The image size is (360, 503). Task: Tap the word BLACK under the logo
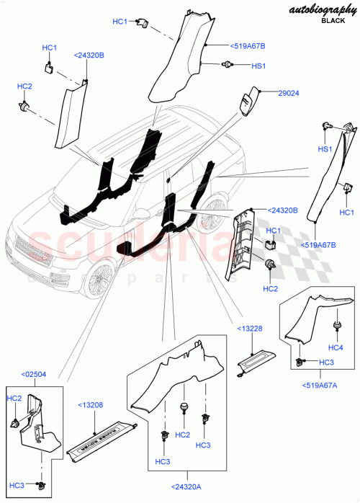click(x=333, y=22)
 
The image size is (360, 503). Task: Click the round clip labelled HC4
click(x=337, y=328)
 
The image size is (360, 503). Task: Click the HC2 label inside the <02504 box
click(x=14, y=399)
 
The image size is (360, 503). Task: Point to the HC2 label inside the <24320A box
click(x=183, y=435)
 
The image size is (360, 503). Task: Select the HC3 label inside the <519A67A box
click(x=326, y=362)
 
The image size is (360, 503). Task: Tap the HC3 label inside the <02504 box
click(x=16, y=486)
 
